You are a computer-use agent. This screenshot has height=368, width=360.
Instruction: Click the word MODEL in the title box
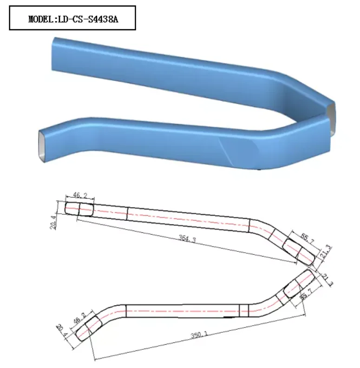click(40, 19)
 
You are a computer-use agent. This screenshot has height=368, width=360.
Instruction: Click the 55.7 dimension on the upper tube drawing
click(307, 237)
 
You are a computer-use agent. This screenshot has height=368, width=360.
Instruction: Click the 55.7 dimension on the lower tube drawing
click(305, 296)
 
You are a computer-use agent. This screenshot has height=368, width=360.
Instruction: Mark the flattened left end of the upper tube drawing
click(79, 209)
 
